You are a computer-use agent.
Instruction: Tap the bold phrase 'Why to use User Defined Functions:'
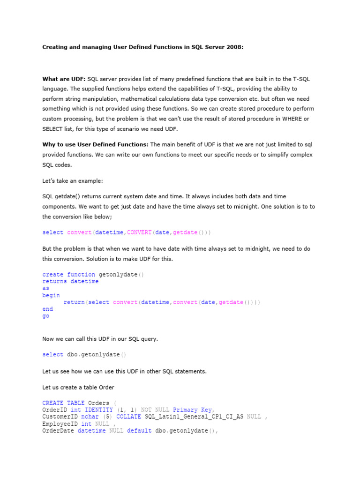coord(95,144)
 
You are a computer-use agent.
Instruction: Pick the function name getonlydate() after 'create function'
coord(121,275)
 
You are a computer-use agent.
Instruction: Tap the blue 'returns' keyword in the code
coord(54,282)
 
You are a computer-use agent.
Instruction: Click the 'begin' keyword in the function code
coord(51,295)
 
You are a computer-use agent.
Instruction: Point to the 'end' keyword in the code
coord(47,309)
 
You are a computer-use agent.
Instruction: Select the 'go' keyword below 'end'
coord(45,316)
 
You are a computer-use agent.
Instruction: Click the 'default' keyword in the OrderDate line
coord(139,431)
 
